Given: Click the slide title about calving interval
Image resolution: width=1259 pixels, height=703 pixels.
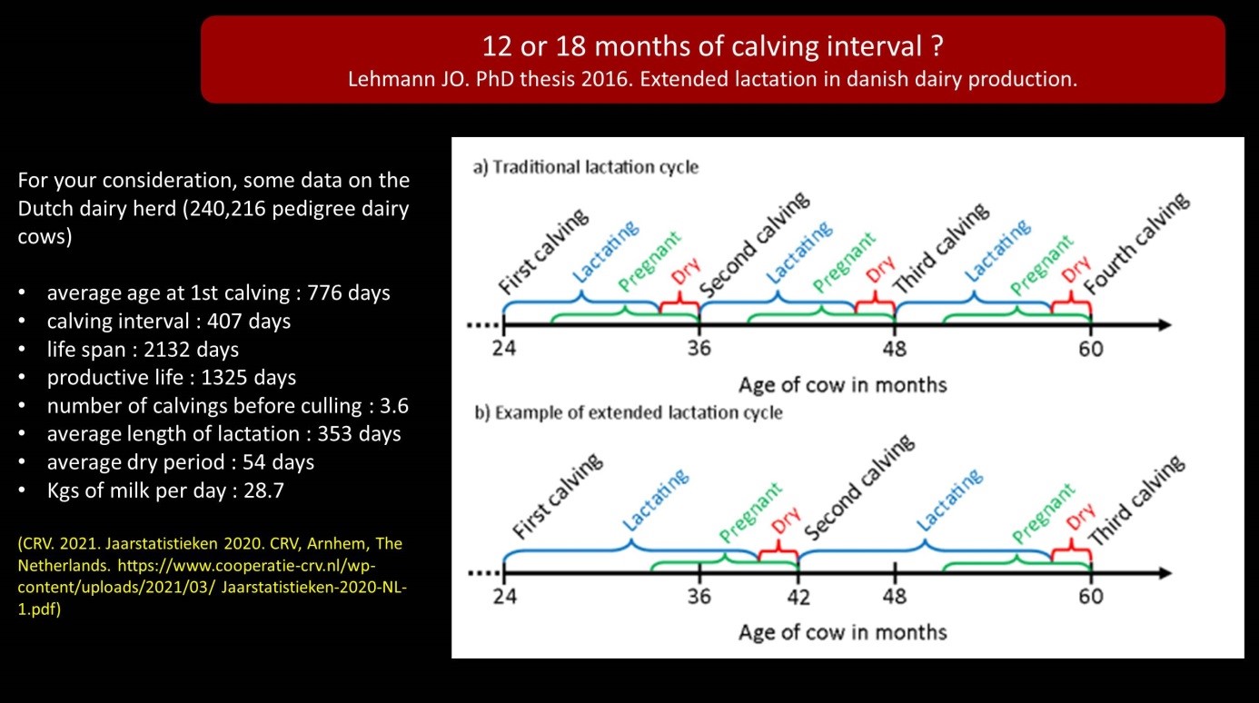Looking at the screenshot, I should [x=712, y=45].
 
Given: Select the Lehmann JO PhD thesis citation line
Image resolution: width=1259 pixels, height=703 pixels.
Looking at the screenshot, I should [x=712, y=79].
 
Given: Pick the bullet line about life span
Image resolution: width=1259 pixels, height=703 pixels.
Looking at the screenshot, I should [x=143, y=350].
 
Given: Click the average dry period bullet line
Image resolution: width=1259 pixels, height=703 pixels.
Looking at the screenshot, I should [x=180, y=462].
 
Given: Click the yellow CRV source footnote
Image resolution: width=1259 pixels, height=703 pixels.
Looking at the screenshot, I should [x=210, y=577].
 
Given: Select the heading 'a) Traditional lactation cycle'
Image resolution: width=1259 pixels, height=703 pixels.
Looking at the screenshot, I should [x=586, y=167].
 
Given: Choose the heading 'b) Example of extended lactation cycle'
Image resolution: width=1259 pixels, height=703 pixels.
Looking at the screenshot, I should [x=628, y=412].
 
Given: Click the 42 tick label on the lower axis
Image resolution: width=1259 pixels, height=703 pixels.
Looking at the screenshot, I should [x=798, y=597].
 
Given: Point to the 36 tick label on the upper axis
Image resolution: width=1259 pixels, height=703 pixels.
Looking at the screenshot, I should [x=699, y=348].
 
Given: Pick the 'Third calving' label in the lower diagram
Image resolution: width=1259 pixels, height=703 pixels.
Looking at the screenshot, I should [x=1135, y=500].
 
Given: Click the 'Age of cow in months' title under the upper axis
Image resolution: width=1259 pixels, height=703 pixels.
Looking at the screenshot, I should [x=842, y=385].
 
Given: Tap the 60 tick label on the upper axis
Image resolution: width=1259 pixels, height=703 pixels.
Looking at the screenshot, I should [x=1091, y=348].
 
